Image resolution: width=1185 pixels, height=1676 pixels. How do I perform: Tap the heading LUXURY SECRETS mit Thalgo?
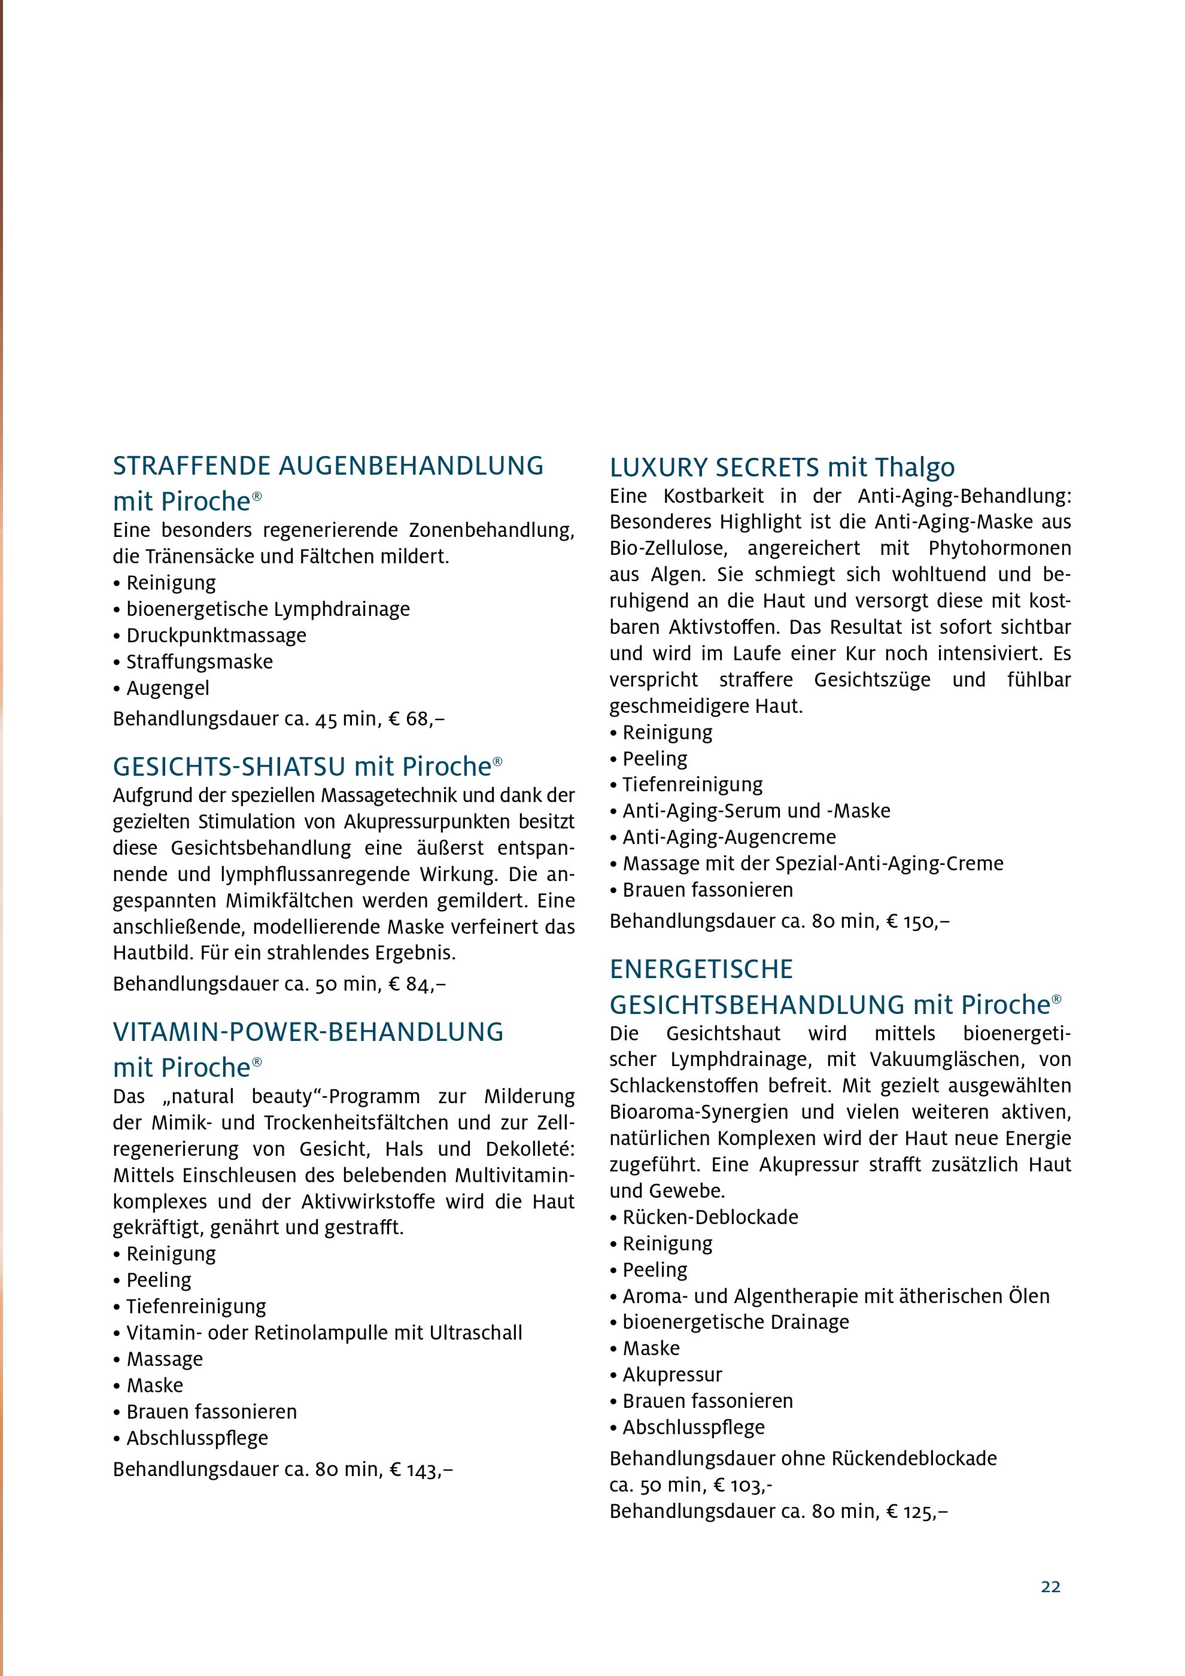click(782, 467)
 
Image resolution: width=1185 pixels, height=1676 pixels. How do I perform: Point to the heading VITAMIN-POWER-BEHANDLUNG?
click(308, 1032)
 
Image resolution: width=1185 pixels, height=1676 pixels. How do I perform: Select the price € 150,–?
click(918, 921)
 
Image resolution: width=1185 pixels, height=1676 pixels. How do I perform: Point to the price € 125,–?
click(917, 1511)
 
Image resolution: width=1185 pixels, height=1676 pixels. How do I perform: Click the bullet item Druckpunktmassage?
click(216, 636)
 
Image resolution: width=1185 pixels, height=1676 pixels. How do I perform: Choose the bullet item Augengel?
click(168, 688)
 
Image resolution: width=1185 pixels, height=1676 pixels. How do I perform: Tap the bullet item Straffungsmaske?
click(199, 662)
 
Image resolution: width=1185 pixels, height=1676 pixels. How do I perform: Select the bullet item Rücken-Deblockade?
click(710, 1217)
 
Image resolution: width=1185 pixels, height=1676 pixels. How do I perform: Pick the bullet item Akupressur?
click(672, 1374)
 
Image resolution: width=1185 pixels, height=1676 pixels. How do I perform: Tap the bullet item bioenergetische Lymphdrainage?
click(268, 609)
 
